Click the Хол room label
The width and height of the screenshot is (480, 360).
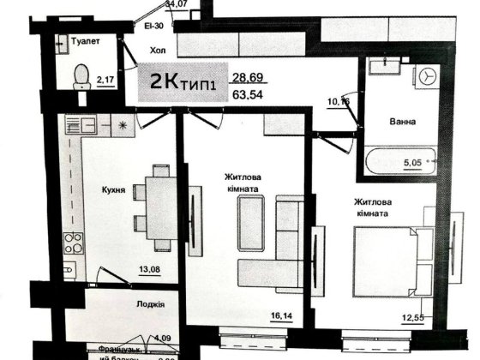pyautogui.click(x=158, y=51)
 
